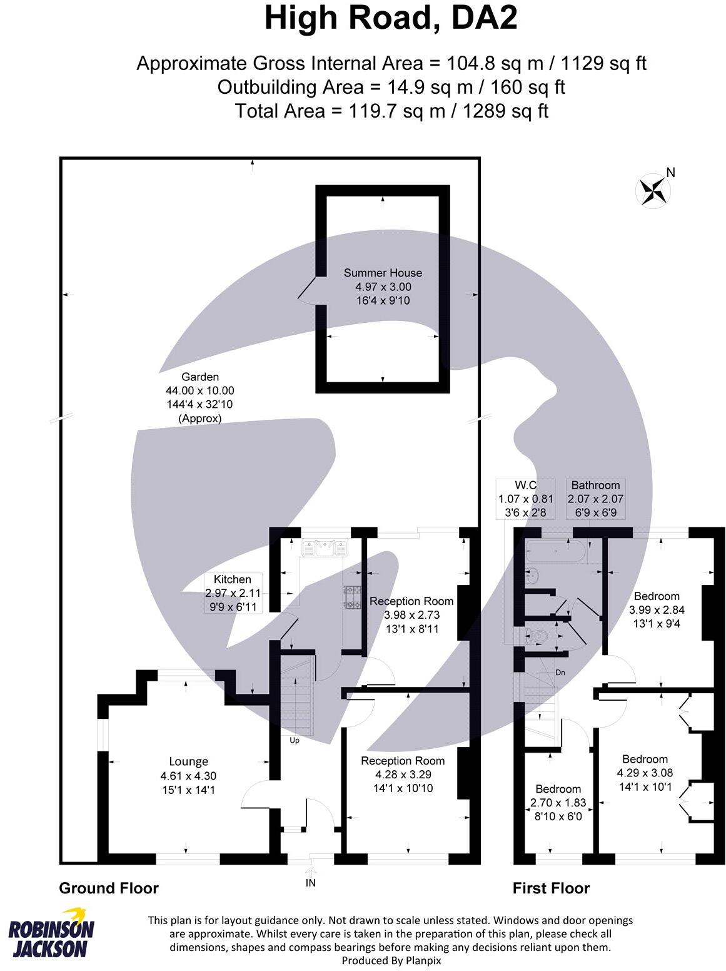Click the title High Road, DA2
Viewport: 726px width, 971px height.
click(x=391, y=19)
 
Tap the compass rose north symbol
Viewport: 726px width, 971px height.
click(x=652, y=190)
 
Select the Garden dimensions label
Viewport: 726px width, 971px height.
click(x=200, y=397)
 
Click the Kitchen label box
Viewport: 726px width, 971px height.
click(x=233, y=592)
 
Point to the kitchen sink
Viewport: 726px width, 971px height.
click(x=325, y=549)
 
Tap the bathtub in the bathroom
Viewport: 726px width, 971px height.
click(x=556, y=552)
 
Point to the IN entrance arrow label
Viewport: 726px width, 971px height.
click(x=311, y=883)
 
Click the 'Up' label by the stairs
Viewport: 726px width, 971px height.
click(x=295, y=740)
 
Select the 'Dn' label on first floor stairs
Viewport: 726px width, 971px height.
click(x=561, y=673)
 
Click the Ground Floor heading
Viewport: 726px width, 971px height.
click(x=109, y=888)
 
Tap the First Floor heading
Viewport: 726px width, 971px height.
click(x=551, y=888)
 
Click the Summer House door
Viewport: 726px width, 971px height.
click(x=308, y=291)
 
